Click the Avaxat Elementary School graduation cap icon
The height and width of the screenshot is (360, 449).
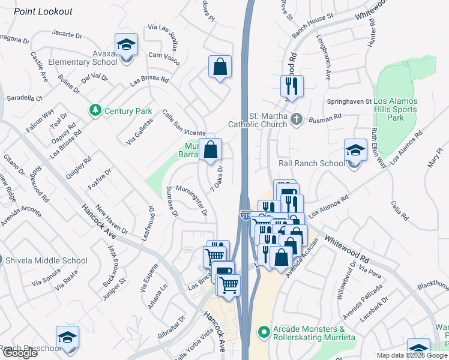[126, 46]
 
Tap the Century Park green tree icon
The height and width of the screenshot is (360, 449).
[94, 110]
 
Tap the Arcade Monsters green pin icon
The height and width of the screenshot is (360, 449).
[262, 331]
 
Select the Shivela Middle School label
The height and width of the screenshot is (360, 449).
[46, 260]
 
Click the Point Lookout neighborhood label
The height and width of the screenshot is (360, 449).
[43, 11]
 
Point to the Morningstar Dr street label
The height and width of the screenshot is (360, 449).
[191, 200]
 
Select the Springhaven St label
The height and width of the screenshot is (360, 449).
[349, 101]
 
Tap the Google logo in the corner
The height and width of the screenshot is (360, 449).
[20, 353]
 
